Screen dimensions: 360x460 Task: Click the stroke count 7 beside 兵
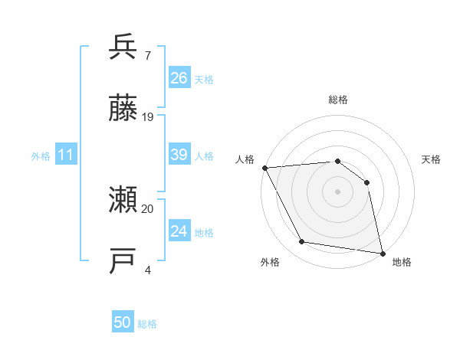pyautogui.click(x=147, y=55)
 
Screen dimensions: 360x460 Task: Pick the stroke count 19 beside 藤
pyautogui.click(x=148, y=117)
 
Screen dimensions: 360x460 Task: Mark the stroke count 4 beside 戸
pyautogui.click(x=147, y=270)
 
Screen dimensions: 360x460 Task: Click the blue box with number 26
pyautogui.click(x=179, y=78)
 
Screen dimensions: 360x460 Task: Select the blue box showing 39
pyautogui.click(x=179, y=155)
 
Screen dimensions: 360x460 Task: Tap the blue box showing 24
pyautogui.click(x=179, y=231)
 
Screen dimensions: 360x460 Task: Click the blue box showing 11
pyautogui.click(x=66, y=155)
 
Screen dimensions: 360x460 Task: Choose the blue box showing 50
pyautogui.click(x=123, y=322)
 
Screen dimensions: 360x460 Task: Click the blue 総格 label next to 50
pyautogui.click(x=147, y=324)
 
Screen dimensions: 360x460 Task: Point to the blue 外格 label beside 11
pyautogui.click(x=41, y=156)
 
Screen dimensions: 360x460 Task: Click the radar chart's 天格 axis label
pyautogui.click(x=431, y=159)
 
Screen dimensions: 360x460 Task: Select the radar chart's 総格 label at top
pyautogui.click(x=337, y=100)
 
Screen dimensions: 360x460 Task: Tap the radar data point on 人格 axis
pyautogui.click(x=264, y=168)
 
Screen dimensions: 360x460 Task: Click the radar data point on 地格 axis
pyautogui.click(x=382, y=253)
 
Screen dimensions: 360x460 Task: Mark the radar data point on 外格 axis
pyautogui.click(x=302, y=242)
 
